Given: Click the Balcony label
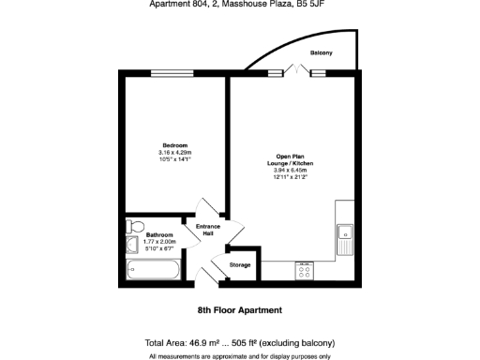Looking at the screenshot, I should pyautogui.click(x=322, y=52).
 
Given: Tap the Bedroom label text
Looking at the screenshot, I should pyautogui.click(x=175, y=145).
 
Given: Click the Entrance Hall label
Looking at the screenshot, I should pyautogui.click(x=207, y=230).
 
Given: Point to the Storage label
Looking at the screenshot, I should pyautogui.click(x=240, y=265).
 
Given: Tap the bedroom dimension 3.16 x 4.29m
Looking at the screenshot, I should pyautogui.click(x=175, y=153).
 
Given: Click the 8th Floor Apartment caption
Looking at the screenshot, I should pyautogui.click(x=240, y=308).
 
